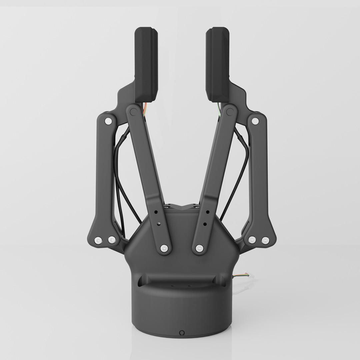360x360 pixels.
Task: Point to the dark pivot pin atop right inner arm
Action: click(x=229, y=111)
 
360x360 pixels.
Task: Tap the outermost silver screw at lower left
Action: click(x=98, y=240)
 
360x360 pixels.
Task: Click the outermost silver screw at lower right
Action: click(x=265, y=240)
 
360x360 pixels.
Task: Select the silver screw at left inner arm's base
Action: click(x=164, y=248)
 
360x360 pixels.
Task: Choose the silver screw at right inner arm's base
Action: click(x=199, y=248)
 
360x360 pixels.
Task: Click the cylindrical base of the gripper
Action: click(x=182, y=310)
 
